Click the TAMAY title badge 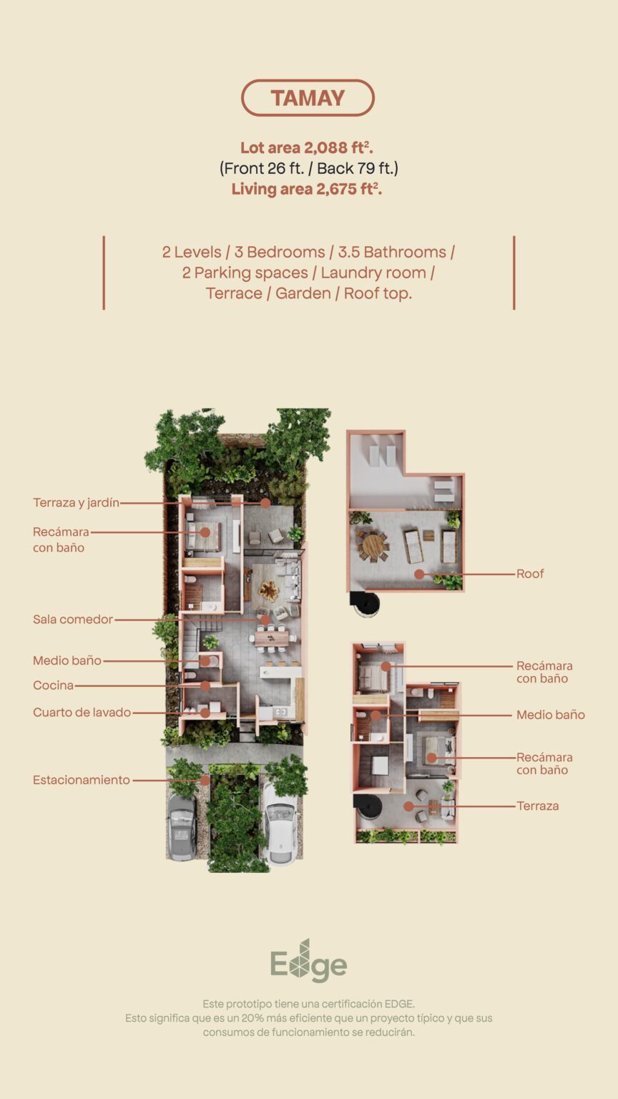308,97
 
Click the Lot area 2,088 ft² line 307,147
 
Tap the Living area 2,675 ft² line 307,189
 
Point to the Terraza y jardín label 76,502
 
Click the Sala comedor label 73,619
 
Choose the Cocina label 53,685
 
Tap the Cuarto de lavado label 82,713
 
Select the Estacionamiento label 82,780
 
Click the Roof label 530,574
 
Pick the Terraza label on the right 538,806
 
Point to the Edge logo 308,961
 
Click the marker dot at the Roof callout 419,574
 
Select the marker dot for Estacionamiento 205,780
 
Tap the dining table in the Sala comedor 273,638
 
